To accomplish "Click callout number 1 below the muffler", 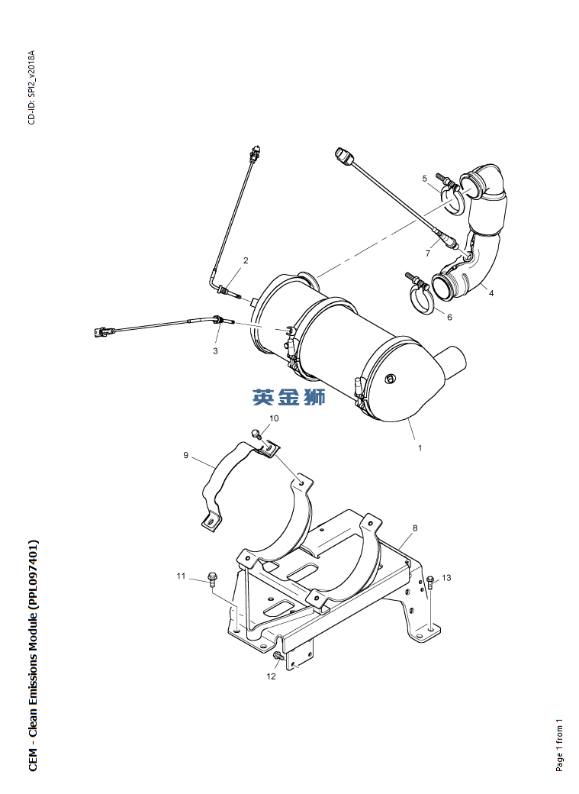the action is click(x=420, y=447).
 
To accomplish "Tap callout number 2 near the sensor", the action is click(x=246, y=260).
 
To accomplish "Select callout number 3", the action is click(x=216, y=350).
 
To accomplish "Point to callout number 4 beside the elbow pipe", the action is click(x=491, y=292).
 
